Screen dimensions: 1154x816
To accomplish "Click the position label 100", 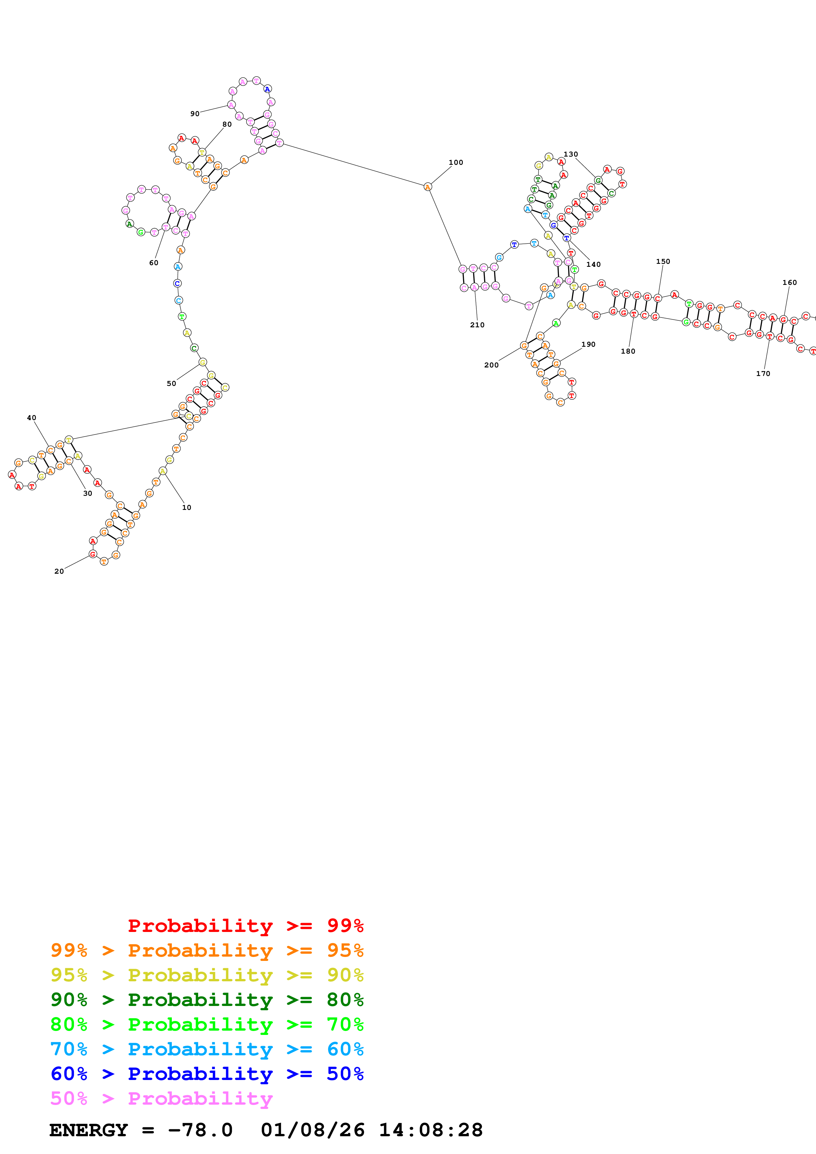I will [456, 163].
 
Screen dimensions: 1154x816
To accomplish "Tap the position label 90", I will [195, 113].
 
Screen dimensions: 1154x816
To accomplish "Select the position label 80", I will [227, 124].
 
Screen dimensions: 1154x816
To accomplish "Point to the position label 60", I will [153, 263].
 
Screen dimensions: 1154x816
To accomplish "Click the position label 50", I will [171, 384].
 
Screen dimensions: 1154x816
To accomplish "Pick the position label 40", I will [31, 418].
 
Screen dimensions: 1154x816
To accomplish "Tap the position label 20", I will [59, 571].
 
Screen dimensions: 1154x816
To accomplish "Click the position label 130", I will [570, 154].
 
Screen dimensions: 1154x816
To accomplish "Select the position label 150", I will [663, 261].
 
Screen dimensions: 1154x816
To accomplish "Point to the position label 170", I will [763, 373].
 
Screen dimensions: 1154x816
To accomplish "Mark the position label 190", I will [588, 344].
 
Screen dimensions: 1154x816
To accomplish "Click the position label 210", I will [477, 325].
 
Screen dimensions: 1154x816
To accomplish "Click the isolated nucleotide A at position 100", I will [427, 187].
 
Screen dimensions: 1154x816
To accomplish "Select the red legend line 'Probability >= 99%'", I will [245, 925].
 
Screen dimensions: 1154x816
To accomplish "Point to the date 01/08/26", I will [312, 1130].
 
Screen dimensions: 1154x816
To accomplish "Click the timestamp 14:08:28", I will [430, 1130].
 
